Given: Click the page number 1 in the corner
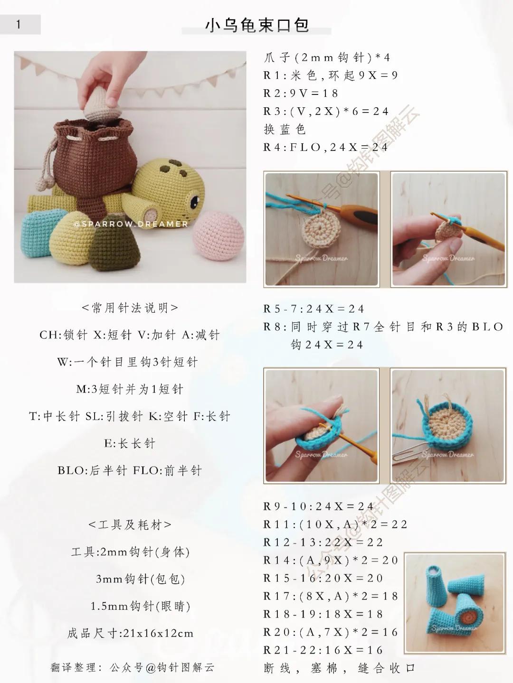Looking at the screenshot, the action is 19,24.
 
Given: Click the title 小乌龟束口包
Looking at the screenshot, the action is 257,25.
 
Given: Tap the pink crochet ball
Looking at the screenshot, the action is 218,235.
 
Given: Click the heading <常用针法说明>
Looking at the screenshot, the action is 130,308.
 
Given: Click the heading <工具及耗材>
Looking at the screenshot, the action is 130,525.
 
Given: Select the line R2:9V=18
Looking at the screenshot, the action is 300,94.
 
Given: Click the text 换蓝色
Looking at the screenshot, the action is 285,129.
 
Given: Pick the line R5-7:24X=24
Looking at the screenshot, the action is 313,309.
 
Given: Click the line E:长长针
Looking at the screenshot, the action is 130,443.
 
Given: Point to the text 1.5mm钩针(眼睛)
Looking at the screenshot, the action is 140,606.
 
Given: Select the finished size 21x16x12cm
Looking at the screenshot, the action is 158,633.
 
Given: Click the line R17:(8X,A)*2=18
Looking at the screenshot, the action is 331,596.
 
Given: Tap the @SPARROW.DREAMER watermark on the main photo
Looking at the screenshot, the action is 131,224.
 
